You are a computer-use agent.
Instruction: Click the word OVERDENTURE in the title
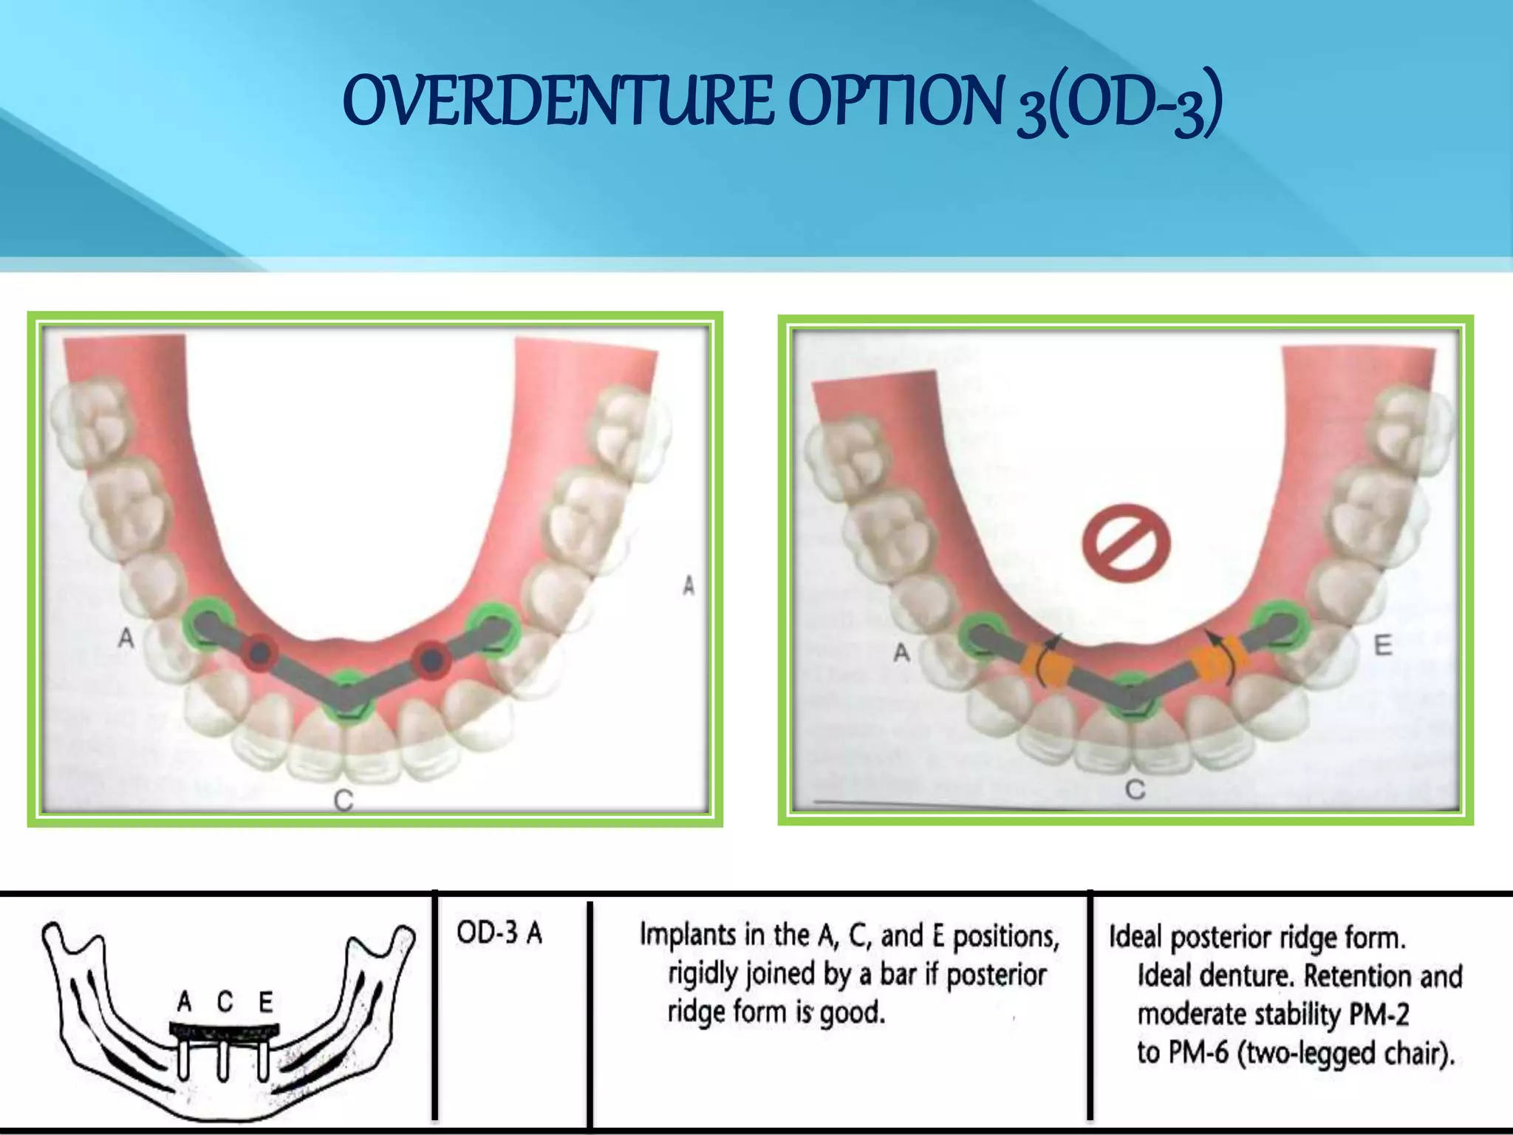(559, 102)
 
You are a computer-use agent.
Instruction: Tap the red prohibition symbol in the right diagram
(1126, 544)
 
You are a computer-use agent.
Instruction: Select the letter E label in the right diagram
(1383, 646)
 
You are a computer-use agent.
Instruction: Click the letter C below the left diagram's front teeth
(344, 800)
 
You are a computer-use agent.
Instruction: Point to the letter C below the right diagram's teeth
(1135, 790)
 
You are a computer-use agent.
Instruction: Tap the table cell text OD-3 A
(499, 933)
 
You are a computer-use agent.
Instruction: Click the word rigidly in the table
(704, 975)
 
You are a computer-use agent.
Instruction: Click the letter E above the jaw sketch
(266, 1002)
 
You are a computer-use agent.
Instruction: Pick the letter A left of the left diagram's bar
(126, 638)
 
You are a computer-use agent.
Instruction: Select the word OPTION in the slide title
(896, 102)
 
